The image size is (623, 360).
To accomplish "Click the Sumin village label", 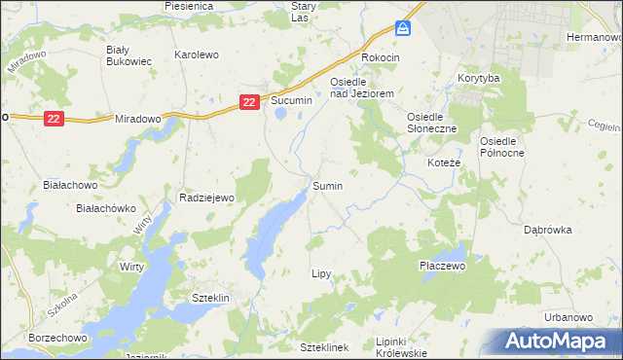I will point(327,184).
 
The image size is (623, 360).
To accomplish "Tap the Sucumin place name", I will point(291,101).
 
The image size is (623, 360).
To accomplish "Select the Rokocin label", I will point(381,57).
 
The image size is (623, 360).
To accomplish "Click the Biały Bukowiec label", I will point(128,54).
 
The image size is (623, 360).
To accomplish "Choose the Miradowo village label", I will point(137,118).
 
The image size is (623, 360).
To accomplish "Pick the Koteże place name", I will point(444,162).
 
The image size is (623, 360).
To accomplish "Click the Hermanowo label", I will point(594,37).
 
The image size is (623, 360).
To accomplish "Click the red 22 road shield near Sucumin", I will point(250,100).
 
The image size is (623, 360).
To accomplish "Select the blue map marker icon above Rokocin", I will point(403,28).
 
